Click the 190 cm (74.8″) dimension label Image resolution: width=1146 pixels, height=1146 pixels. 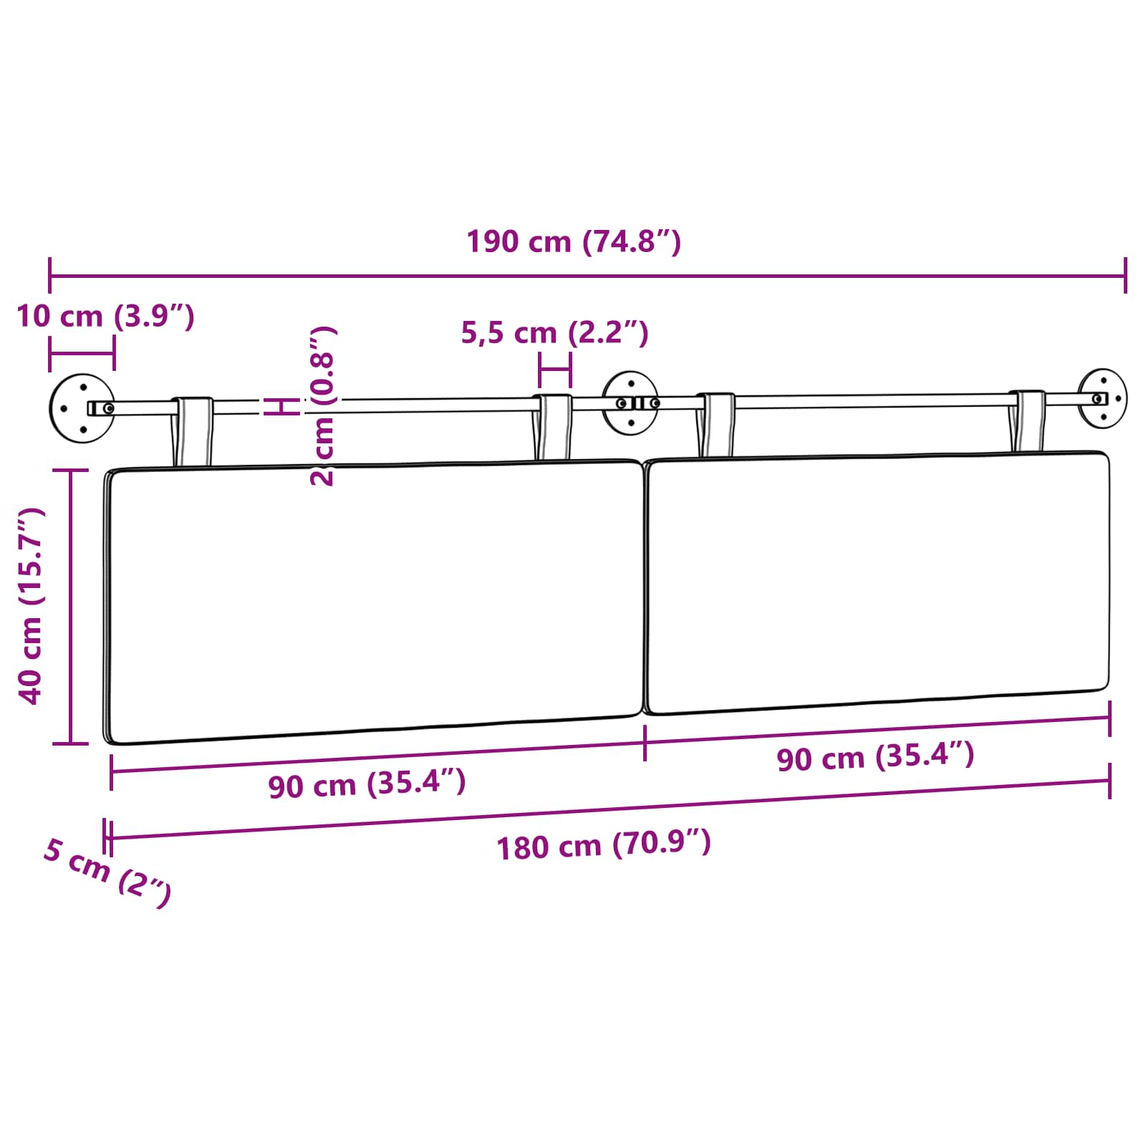[574, 241]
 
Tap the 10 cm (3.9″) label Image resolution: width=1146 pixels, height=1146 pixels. [105, 316]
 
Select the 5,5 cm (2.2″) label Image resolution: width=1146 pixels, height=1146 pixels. [554, 332]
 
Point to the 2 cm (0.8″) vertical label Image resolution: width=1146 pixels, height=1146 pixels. [322, 406]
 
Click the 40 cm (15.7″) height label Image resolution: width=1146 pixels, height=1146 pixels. [32, 606]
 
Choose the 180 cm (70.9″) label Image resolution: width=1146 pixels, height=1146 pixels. [604, 844]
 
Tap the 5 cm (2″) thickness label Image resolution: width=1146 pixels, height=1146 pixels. [107, 872]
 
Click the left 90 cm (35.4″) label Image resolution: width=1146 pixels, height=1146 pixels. [367, 784]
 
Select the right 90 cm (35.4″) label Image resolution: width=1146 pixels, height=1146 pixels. [875, 756]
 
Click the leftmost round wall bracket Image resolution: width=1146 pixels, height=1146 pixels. [82, 408]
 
